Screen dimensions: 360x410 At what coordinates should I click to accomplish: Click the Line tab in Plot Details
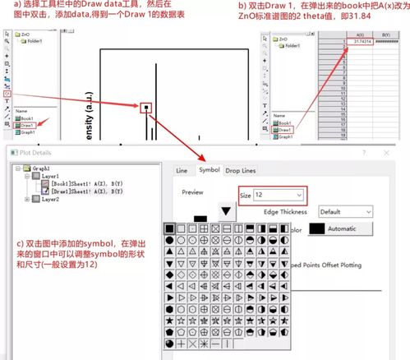[x=182, y=170]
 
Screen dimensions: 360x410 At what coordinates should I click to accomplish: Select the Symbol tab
[x=209, y=170]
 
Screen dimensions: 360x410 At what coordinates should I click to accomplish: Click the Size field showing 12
[x=271, y=196]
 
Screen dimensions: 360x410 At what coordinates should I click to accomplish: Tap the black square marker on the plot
[x=145, y=107]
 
